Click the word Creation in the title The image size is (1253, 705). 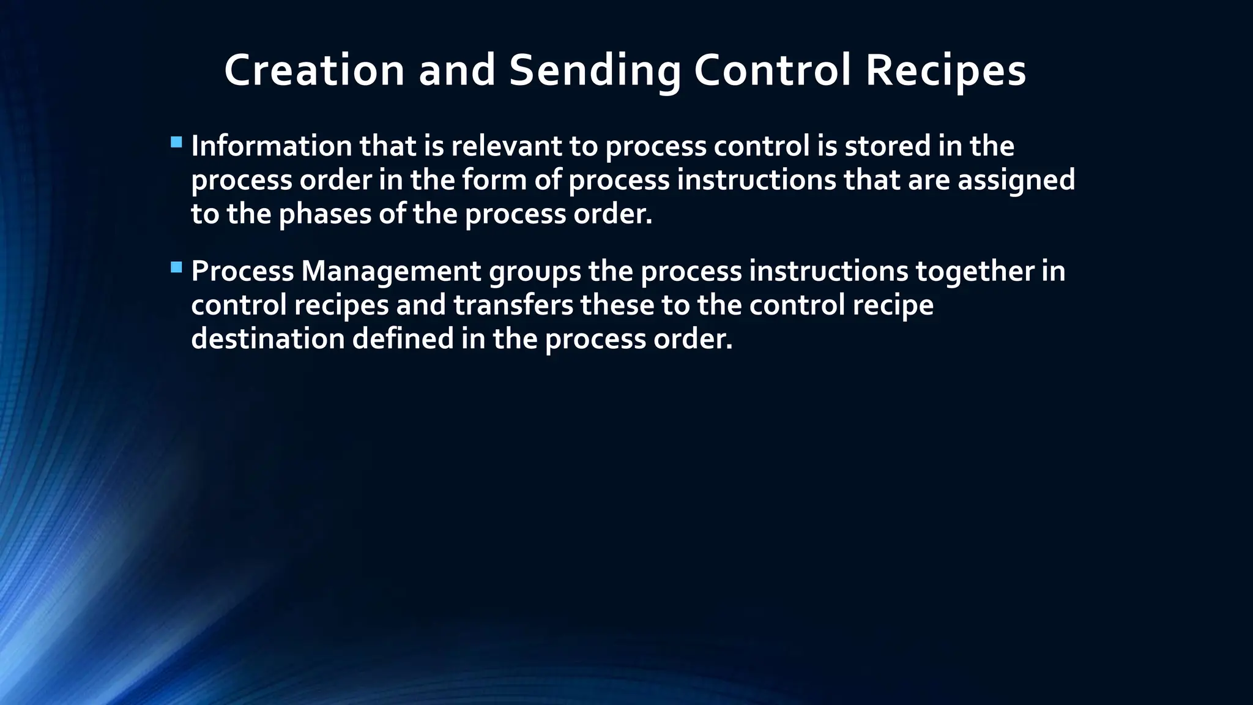[314, 70]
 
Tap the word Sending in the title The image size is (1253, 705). [594, 70]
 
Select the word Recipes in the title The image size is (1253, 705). [945, 70]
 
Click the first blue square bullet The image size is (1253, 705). [177, 143]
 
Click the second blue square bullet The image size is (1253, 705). [177, 267]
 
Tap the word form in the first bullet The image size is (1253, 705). [494, 181]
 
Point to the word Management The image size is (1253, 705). [391, 271]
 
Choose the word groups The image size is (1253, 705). [535, 271]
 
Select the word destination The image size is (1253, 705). [268, 339]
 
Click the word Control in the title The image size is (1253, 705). [772, 70]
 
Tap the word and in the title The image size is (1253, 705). [457, 70]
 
